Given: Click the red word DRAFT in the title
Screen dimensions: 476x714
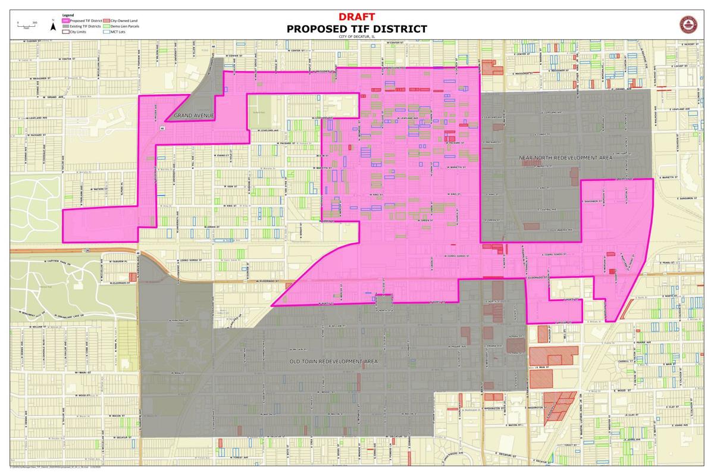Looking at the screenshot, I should pos(356,17).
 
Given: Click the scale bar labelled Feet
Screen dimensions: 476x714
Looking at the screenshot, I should pos(27,26).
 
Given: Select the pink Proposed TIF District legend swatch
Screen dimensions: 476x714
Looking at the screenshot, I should pos(66,21).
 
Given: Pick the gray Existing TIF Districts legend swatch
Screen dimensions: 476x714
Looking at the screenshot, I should pos(66,26).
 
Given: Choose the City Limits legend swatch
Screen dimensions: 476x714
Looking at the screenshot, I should pos(66,32).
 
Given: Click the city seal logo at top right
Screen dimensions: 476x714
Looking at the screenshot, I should pos(690,25).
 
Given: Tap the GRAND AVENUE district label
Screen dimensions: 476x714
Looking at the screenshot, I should pos(193,115).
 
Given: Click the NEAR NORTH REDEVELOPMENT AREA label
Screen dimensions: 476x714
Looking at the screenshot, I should pos(565,158).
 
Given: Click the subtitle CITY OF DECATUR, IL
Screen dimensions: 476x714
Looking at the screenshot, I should pos(356,37).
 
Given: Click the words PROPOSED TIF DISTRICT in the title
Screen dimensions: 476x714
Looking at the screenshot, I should pos(356,29).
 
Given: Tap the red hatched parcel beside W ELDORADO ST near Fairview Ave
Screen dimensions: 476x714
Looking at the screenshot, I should pos(133,277).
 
